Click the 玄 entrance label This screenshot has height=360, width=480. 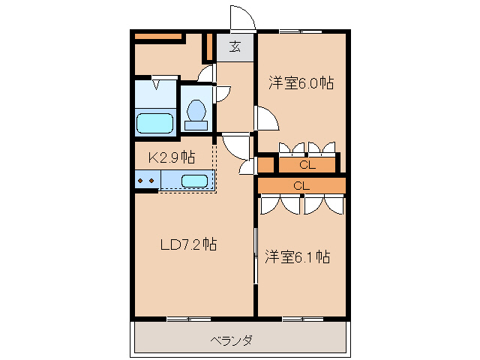235,46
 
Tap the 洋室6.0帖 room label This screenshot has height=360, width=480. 301,83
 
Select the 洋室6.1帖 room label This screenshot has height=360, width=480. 298,256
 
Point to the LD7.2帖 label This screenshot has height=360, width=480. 189,244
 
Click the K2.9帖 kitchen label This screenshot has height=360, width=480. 172,157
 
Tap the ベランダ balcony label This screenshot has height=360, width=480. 232,340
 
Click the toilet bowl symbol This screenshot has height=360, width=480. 196,115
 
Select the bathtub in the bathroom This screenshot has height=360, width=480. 154,123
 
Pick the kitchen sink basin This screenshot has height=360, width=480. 195,181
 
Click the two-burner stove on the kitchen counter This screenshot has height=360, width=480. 147,180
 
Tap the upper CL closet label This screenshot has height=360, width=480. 307,165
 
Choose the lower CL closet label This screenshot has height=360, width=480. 301,186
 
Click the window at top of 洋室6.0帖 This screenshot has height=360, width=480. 301,31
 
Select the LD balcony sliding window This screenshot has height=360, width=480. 189,319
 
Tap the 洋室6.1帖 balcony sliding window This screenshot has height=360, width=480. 302,319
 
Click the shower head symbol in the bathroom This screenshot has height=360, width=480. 157,84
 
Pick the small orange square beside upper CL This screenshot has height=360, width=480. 265,165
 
